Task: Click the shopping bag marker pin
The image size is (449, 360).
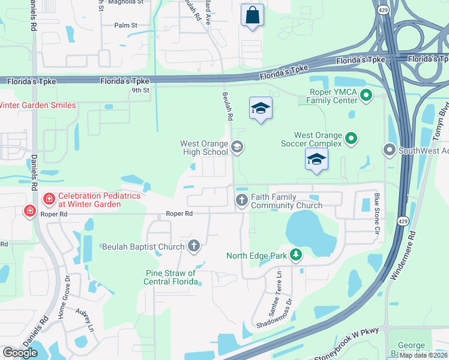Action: (x=252, y=16)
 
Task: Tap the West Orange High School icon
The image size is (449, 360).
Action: (x=237, y=146)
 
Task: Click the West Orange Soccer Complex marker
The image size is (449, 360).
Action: (x=352, y=139)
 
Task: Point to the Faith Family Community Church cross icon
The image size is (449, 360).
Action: (x=242, y=200)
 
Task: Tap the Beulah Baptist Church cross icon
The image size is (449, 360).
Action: (x=193, y=245)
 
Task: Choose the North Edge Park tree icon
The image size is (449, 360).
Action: (x=295, y=256)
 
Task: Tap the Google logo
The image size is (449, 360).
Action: (x=20, y=353)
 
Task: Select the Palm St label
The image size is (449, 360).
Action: (x=126, y=25)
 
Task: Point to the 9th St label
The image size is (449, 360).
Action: (x=140, y=90)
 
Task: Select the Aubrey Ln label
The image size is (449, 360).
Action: (x=85, y=320)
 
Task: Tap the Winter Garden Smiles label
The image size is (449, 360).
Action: (x=37, y=106)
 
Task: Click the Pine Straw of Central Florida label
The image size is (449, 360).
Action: (x=172, y=277)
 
